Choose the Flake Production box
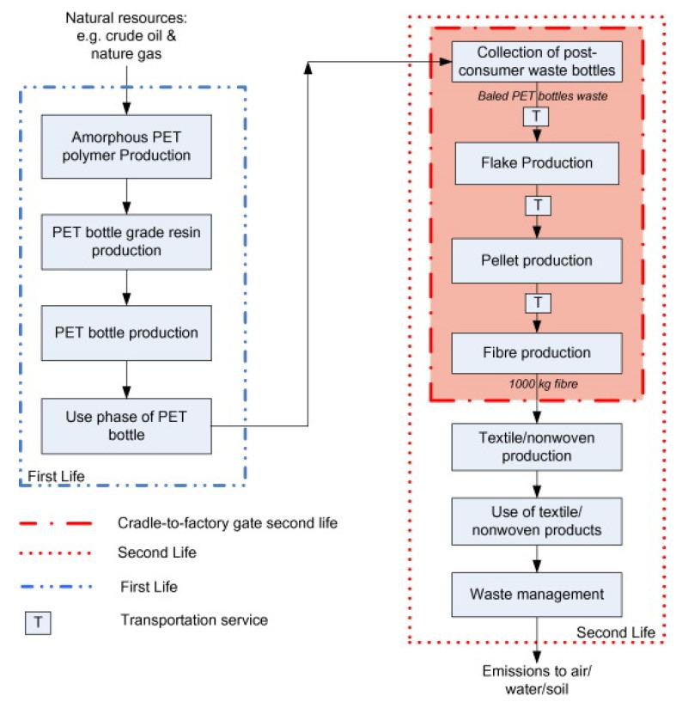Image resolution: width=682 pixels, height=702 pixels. pos(536,163)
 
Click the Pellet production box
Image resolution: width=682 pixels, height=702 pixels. pos(536,259)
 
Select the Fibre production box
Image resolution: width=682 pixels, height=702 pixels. pos(536,352)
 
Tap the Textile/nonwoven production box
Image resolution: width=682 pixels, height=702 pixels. pos(536,447)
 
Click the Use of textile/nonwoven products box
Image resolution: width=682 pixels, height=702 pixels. pos(536,521)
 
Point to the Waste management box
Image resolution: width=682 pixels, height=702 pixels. pos(536,594)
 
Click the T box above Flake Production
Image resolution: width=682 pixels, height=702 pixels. pos(537,114)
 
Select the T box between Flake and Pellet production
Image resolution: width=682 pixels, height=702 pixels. pos(537,206)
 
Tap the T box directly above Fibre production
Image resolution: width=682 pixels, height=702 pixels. pos(537,302)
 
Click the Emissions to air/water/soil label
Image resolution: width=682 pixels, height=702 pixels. pos(537,680)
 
